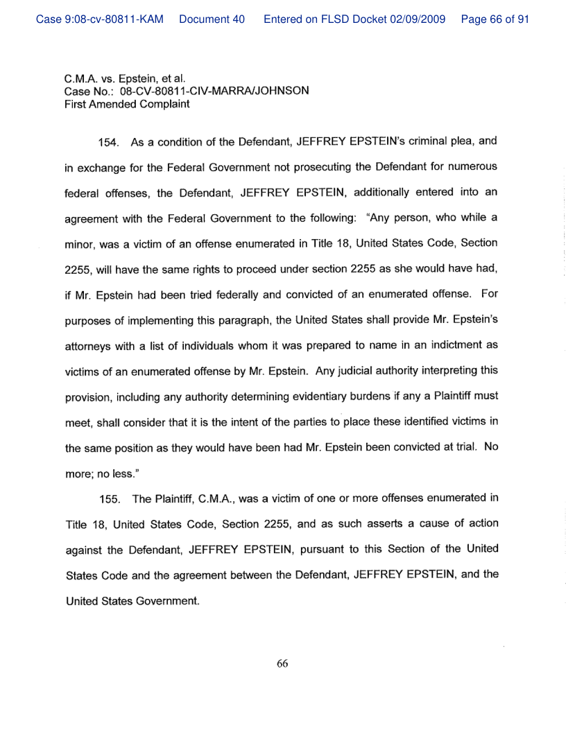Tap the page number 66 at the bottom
click(282, 663)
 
